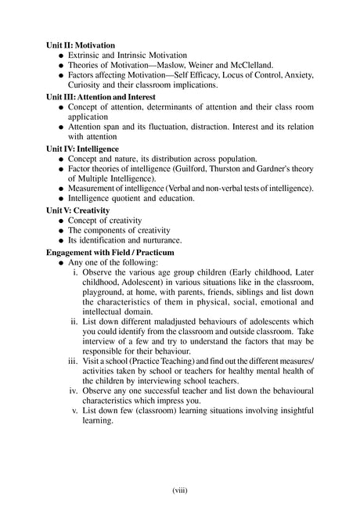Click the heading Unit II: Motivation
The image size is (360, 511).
click(x=81, y=45)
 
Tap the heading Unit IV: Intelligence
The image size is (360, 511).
click(x=82, y=147)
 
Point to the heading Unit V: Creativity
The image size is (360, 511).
click(x=78, y=210)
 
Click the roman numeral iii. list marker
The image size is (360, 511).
click(x=72, y=362)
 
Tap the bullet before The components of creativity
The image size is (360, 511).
click(x=60, y=230)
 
